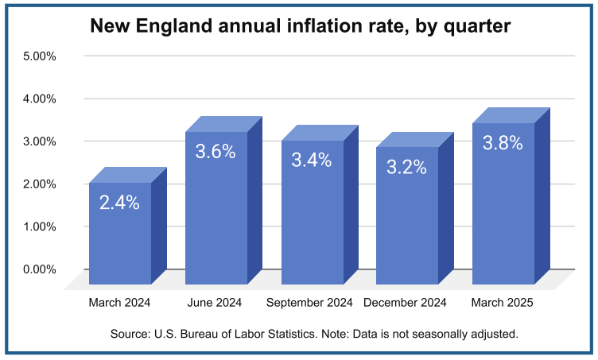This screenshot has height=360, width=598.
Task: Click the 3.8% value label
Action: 503,144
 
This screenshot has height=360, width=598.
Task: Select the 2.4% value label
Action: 119,203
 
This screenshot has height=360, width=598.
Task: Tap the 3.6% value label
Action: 216,152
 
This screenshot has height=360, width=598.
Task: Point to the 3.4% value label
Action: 311,161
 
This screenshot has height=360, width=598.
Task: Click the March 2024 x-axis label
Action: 119,303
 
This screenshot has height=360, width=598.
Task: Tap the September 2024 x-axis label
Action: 309,303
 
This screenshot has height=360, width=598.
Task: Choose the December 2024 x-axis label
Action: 405,303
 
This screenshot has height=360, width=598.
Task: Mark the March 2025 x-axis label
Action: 502,303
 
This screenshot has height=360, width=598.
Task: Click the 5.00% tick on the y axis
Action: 40,56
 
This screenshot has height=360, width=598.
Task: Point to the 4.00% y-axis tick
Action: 40,99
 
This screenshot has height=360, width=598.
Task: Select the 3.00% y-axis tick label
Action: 40,141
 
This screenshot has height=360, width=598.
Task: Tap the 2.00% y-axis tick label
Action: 40,184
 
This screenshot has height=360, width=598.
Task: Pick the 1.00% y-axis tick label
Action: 40,226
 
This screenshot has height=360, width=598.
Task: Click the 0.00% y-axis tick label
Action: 40,269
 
